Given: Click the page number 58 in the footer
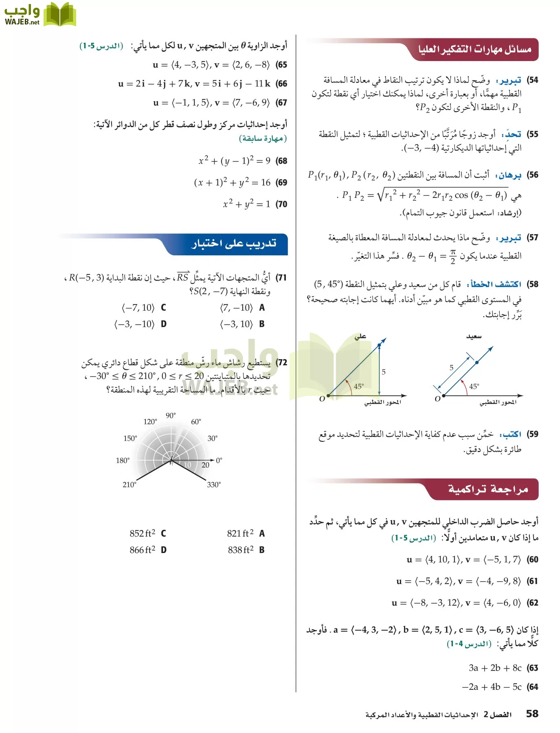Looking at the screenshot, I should (532, 713).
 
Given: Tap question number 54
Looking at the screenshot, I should (532, 80).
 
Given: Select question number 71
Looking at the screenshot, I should (281, 278).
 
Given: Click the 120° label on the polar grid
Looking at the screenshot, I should (150, 421).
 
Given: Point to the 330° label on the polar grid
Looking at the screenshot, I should (214, 485).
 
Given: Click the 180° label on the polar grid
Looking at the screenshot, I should (123, 461).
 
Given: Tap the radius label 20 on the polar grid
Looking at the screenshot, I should (205, 465).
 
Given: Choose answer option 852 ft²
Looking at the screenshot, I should (143, 533).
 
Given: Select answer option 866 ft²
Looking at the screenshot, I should (143, 550).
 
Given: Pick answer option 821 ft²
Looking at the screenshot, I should (240, 533).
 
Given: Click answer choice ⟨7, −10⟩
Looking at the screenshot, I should (236, 308).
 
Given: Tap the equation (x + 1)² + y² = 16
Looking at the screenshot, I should (232, 182).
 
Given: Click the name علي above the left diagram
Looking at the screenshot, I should (360, 336).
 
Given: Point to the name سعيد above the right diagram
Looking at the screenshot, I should (474, 336).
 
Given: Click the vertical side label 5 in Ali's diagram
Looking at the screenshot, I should (384, 371).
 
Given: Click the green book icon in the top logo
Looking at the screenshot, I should (60, 15).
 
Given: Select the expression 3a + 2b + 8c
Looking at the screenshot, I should (495, 668).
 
